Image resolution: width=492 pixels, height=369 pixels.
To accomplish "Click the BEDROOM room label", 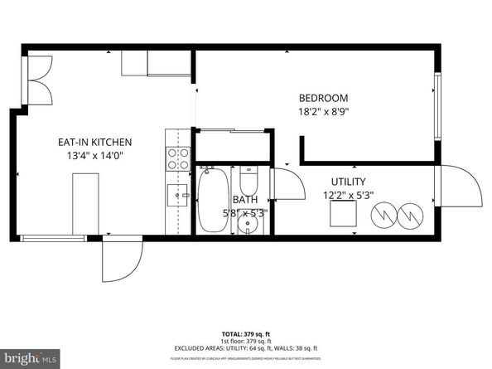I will tap(322, 97).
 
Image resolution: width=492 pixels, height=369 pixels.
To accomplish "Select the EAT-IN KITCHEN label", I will tap(94, 142).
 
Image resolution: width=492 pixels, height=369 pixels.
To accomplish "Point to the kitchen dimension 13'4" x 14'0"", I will tap(94, 156).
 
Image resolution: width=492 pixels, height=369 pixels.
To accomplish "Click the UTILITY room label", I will tap(348, 182).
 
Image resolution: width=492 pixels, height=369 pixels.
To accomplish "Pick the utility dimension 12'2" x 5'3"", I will tap(348, 196).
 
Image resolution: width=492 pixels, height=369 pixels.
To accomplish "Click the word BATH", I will tap(244, 200).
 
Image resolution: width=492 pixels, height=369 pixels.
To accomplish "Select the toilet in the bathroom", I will tap(249, 180).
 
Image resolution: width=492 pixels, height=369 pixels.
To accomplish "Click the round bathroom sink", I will tap(244, 226).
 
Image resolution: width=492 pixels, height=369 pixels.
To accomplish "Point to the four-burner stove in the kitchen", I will tap(176, 158).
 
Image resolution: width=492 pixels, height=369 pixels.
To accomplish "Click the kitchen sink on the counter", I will tap(176, 194).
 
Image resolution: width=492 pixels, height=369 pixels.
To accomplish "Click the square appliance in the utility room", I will tap(344, 214).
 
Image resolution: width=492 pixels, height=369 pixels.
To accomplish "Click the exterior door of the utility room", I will tap(460, 186).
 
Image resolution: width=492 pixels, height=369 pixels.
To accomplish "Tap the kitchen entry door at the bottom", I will tap(118, 259).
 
